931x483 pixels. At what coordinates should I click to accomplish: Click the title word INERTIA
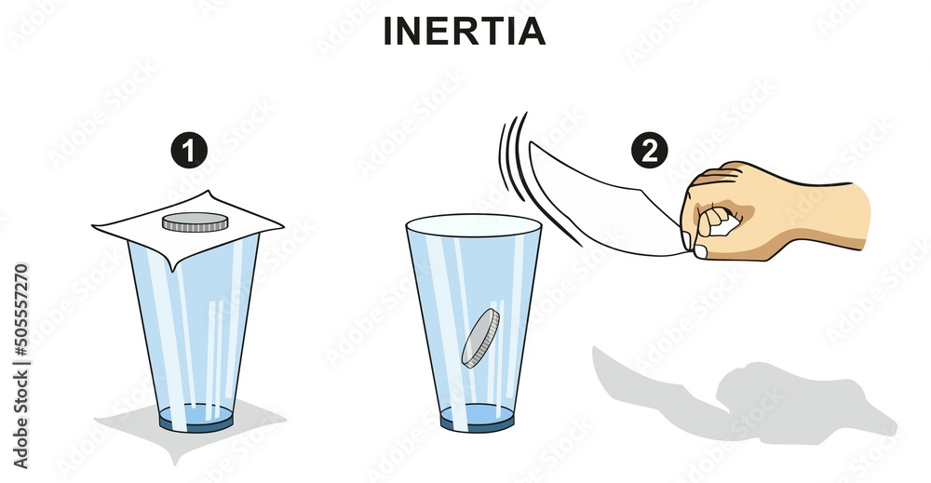click(x=465, y=32)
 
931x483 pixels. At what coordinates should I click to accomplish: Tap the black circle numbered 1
click(x=191, y=151)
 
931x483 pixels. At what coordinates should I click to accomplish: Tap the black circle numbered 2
click(x=649, y=151)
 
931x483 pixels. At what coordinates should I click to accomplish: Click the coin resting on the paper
click(x=195, y=222)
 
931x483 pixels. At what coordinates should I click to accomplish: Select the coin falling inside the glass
click(x=480, y=338)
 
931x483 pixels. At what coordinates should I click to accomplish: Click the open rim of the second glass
click(x=474, y=225)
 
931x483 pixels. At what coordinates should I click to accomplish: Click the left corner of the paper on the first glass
click(x=97, y=225)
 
